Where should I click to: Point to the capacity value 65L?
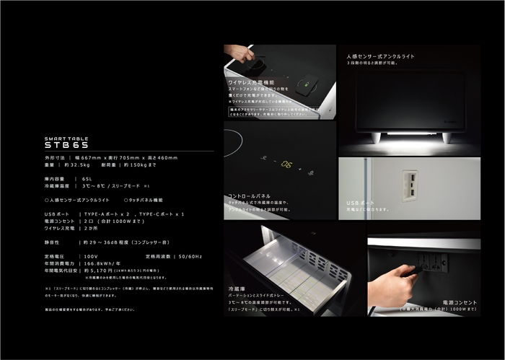[x=87, y=178]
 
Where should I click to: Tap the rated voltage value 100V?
[x=92, y=255]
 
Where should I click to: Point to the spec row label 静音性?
[x=53, y=242]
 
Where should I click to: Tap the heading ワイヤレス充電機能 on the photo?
[x=252, y=82]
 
